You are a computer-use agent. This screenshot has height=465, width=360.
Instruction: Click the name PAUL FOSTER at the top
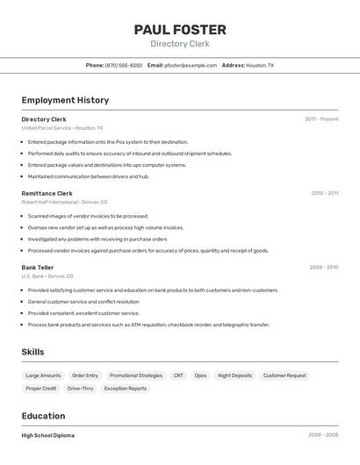[x=180, y=30]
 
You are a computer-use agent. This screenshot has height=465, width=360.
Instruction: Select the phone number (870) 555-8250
[x=124, y=65]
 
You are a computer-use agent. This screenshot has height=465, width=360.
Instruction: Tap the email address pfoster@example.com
[x=191, y=65]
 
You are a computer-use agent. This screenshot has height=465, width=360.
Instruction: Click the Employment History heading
[x=65, y=100]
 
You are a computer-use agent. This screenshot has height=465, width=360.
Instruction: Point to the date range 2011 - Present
[x=321, y=118]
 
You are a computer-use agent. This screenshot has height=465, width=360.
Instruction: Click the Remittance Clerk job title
[x=47, y=193]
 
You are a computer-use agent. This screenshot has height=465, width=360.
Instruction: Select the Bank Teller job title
[x=38, y=268]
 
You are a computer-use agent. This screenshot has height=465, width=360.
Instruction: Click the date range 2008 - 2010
[x=323, y=268]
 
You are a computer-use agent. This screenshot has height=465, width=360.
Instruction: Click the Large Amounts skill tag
[x=43, y=376]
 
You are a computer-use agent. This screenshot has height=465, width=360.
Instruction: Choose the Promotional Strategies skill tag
[x=136, y=376]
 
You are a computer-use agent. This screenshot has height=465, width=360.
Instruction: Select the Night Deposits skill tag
[x=235, y=376]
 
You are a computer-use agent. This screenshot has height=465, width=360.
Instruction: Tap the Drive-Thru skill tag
[x=80, y=388]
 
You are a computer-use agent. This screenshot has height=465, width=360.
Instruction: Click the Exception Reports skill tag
[x=126, y=388]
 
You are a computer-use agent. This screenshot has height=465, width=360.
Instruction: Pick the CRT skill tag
[x=178, y=376]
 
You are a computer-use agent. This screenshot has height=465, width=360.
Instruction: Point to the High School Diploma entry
[x=47, y=435]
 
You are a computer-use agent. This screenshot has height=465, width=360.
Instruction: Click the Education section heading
[x=43, y=416]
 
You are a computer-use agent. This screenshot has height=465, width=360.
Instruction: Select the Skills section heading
[x=32, y=353]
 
